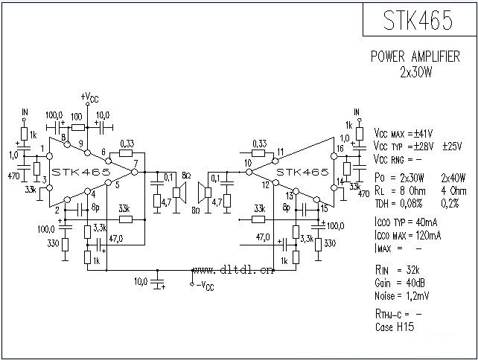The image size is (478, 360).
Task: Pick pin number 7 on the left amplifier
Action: pyautogui.click(x=136, y=163)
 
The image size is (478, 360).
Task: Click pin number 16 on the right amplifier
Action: pyautogui.click(x=340, y=148)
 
